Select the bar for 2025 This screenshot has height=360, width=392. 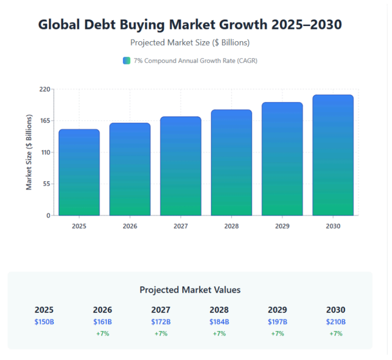pos(79,173)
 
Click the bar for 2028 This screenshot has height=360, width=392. pos(231,163)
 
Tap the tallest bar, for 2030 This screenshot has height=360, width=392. pos(333,155)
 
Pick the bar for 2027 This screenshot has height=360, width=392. pos(180,166)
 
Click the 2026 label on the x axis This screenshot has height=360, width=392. pos(130,226)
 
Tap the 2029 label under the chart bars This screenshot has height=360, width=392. pos(282,226)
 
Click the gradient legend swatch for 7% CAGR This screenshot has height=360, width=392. pos(127,61)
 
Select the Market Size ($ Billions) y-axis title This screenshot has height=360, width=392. pos(29,152)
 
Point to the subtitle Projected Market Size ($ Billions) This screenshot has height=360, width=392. pos(190,43)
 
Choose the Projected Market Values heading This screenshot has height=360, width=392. pos(190,290)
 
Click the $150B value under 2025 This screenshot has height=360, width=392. pos(44,321)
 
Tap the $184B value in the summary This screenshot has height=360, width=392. pos(219,321)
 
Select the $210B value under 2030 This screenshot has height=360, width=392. pos(336,321)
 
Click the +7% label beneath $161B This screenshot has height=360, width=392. pos(103,334)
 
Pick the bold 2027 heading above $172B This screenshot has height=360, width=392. pos(161,310)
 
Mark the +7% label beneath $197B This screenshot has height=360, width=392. pos(277,334)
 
